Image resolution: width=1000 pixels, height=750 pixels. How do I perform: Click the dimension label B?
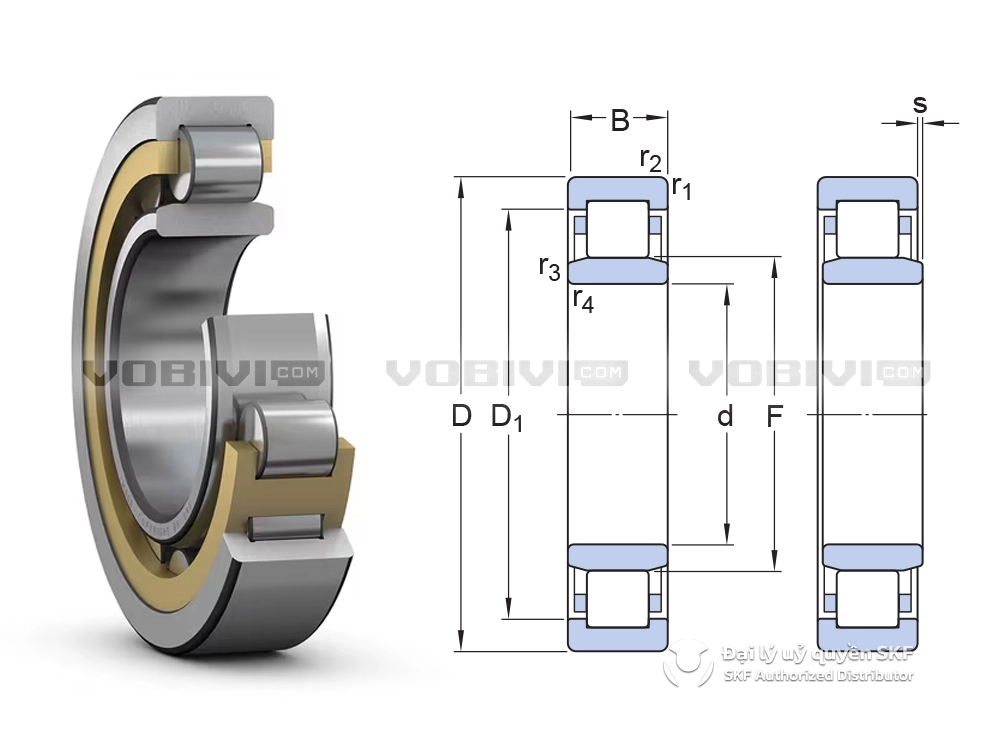[620, 120]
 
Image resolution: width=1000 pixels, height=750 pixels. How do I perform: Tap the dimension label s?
[920, 103]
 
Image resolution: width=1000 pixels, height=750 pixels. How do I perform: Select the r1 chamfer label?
[682, 188]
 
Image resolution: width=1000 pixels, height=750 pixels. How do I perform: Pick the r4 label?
[583, 300]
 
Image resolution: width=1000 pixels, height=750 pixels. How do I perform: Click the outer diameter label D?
[461, 416]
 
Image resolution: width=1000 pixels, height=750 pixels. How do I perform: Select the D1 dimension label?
[507, 418]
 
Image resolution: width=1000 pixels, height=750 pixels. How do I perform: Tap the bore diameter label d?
[725, 416]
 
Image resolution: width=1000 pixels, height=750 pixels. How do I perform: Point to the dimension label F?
[774, 416]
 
